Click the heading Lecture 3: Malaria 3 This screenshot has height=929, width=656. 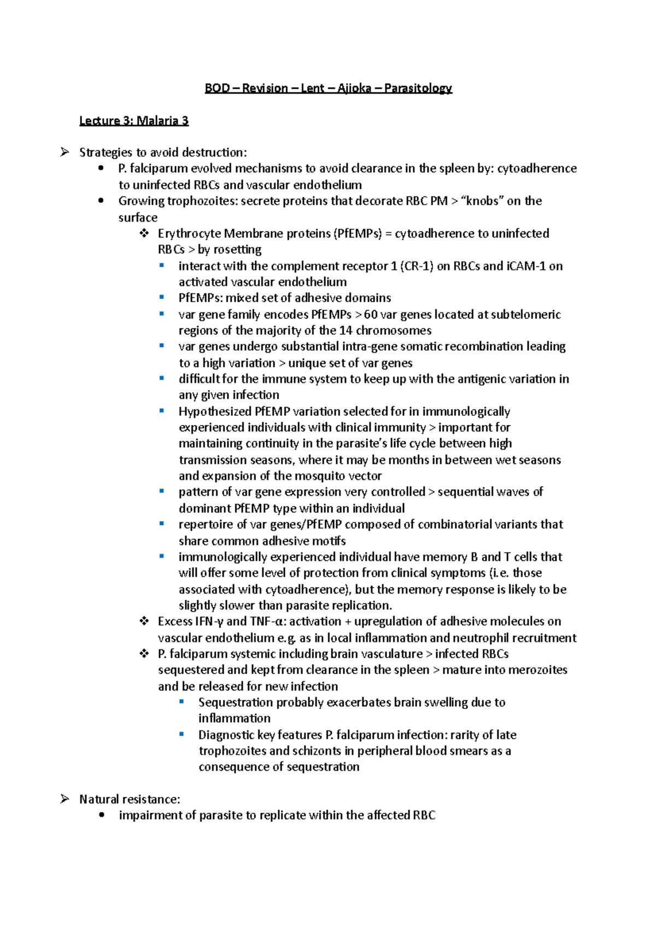pyautogui.click(x=134, y=121)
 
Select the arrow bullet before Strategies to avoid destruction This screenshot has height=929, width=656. pyautogui.click(x=65, y=152)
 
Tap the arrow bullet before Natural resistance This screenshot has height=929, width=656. pyautogui.click(x=65, y=799)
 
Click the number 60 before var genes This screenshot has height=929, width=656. pyautogui.click(x=371, y=315)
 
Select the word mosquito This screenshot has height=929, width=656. pyautogui.click(x=319, y=476)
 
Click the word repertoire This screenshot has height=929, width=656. pyautogui.click(x=206, y=525)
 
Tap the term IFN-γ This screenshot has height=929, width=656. pyautogui.click(x=209, y=622)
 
